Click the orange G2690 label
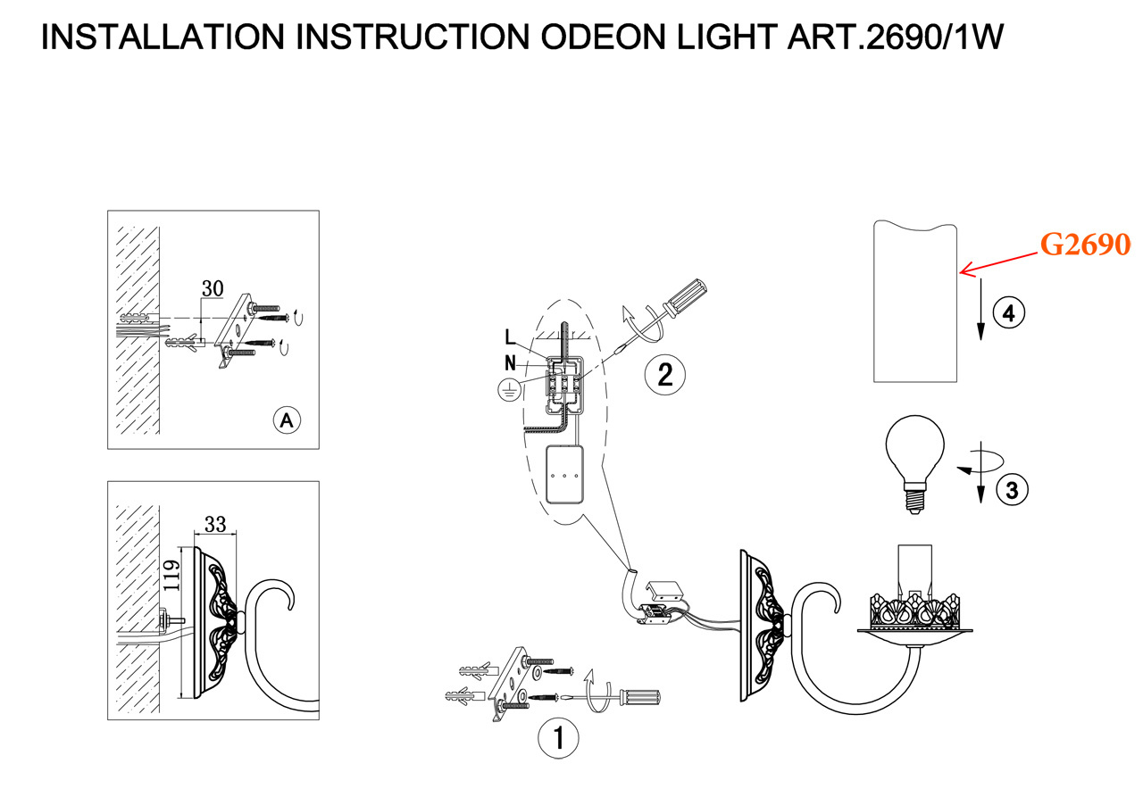point(1086,244)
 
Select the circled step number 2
point(664,374)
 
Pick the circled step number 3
point(1011,489)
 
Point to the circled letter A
point(286,420)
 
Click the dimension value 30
point(213,288)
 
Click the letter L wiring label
point(509,336)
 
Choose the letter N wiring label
point(509,362)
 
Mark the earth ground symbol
point(507,389)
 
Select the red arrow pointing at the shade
point(998,259)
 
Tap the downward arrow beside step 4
point(980,308)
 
